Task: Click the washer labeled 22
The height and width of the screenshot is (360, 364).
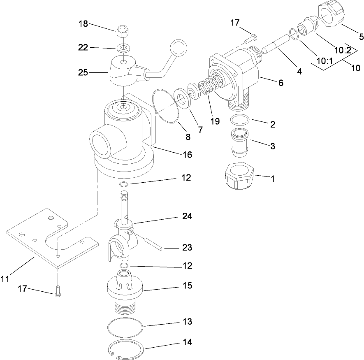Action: (x=122, y=48)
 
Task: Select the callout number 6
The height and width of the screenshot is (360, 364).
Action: (x=281, y=83)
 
